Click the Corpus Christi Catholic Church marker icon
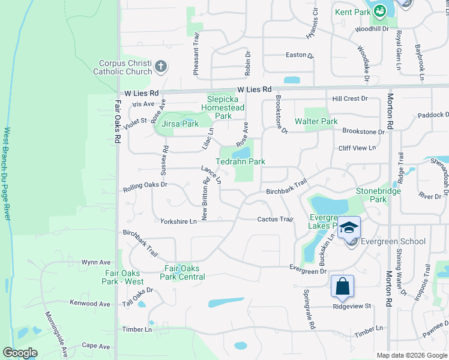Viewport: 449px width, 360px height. tap(160, 67)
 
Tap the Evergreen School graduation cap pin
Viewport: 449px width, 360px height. tap(349, 228)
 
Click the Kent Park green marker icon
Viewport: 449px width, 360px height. tap(379, 11)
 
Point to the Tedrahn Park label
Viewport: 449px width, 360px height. tap(240, 161)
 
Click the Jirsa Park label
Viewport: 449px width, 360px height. tap(181, 124)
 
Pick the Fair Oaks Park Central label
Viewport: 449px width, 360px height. tap(182, 272)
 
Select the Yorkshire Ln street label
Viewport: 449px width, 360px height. tap(178, 221)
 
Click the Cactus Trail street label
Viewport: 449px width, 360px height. tap(275, 220)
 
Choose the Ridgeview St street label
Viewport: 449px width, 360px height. tap(353, 306)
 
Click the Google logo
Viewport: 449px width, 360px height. tap(20, 353)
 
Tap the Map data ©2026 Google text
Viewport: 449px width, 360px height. tap(411, 355)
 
